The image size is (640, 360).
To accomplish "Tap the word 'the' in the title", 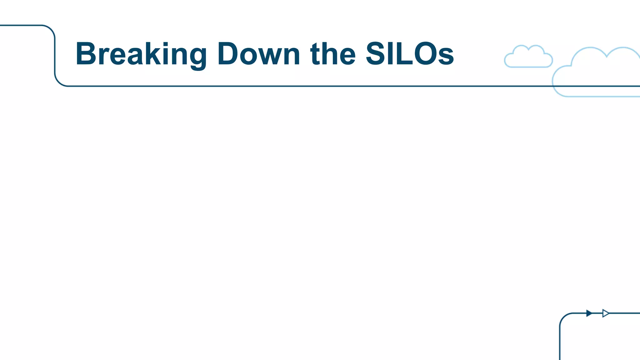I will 333,54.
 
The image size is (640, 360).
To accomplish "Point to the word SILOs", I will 409,54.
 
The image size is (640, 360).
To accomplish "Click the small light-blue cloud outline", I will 528,57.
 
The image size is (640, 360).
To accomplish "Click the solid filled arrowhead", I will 589,313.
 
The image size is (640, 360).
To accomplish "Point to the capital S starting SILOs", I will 376,54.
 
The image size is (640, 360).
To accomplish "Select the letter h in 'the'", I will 332,54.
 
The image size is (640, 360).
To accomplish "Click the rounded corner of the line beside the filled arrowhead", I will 563,317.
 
